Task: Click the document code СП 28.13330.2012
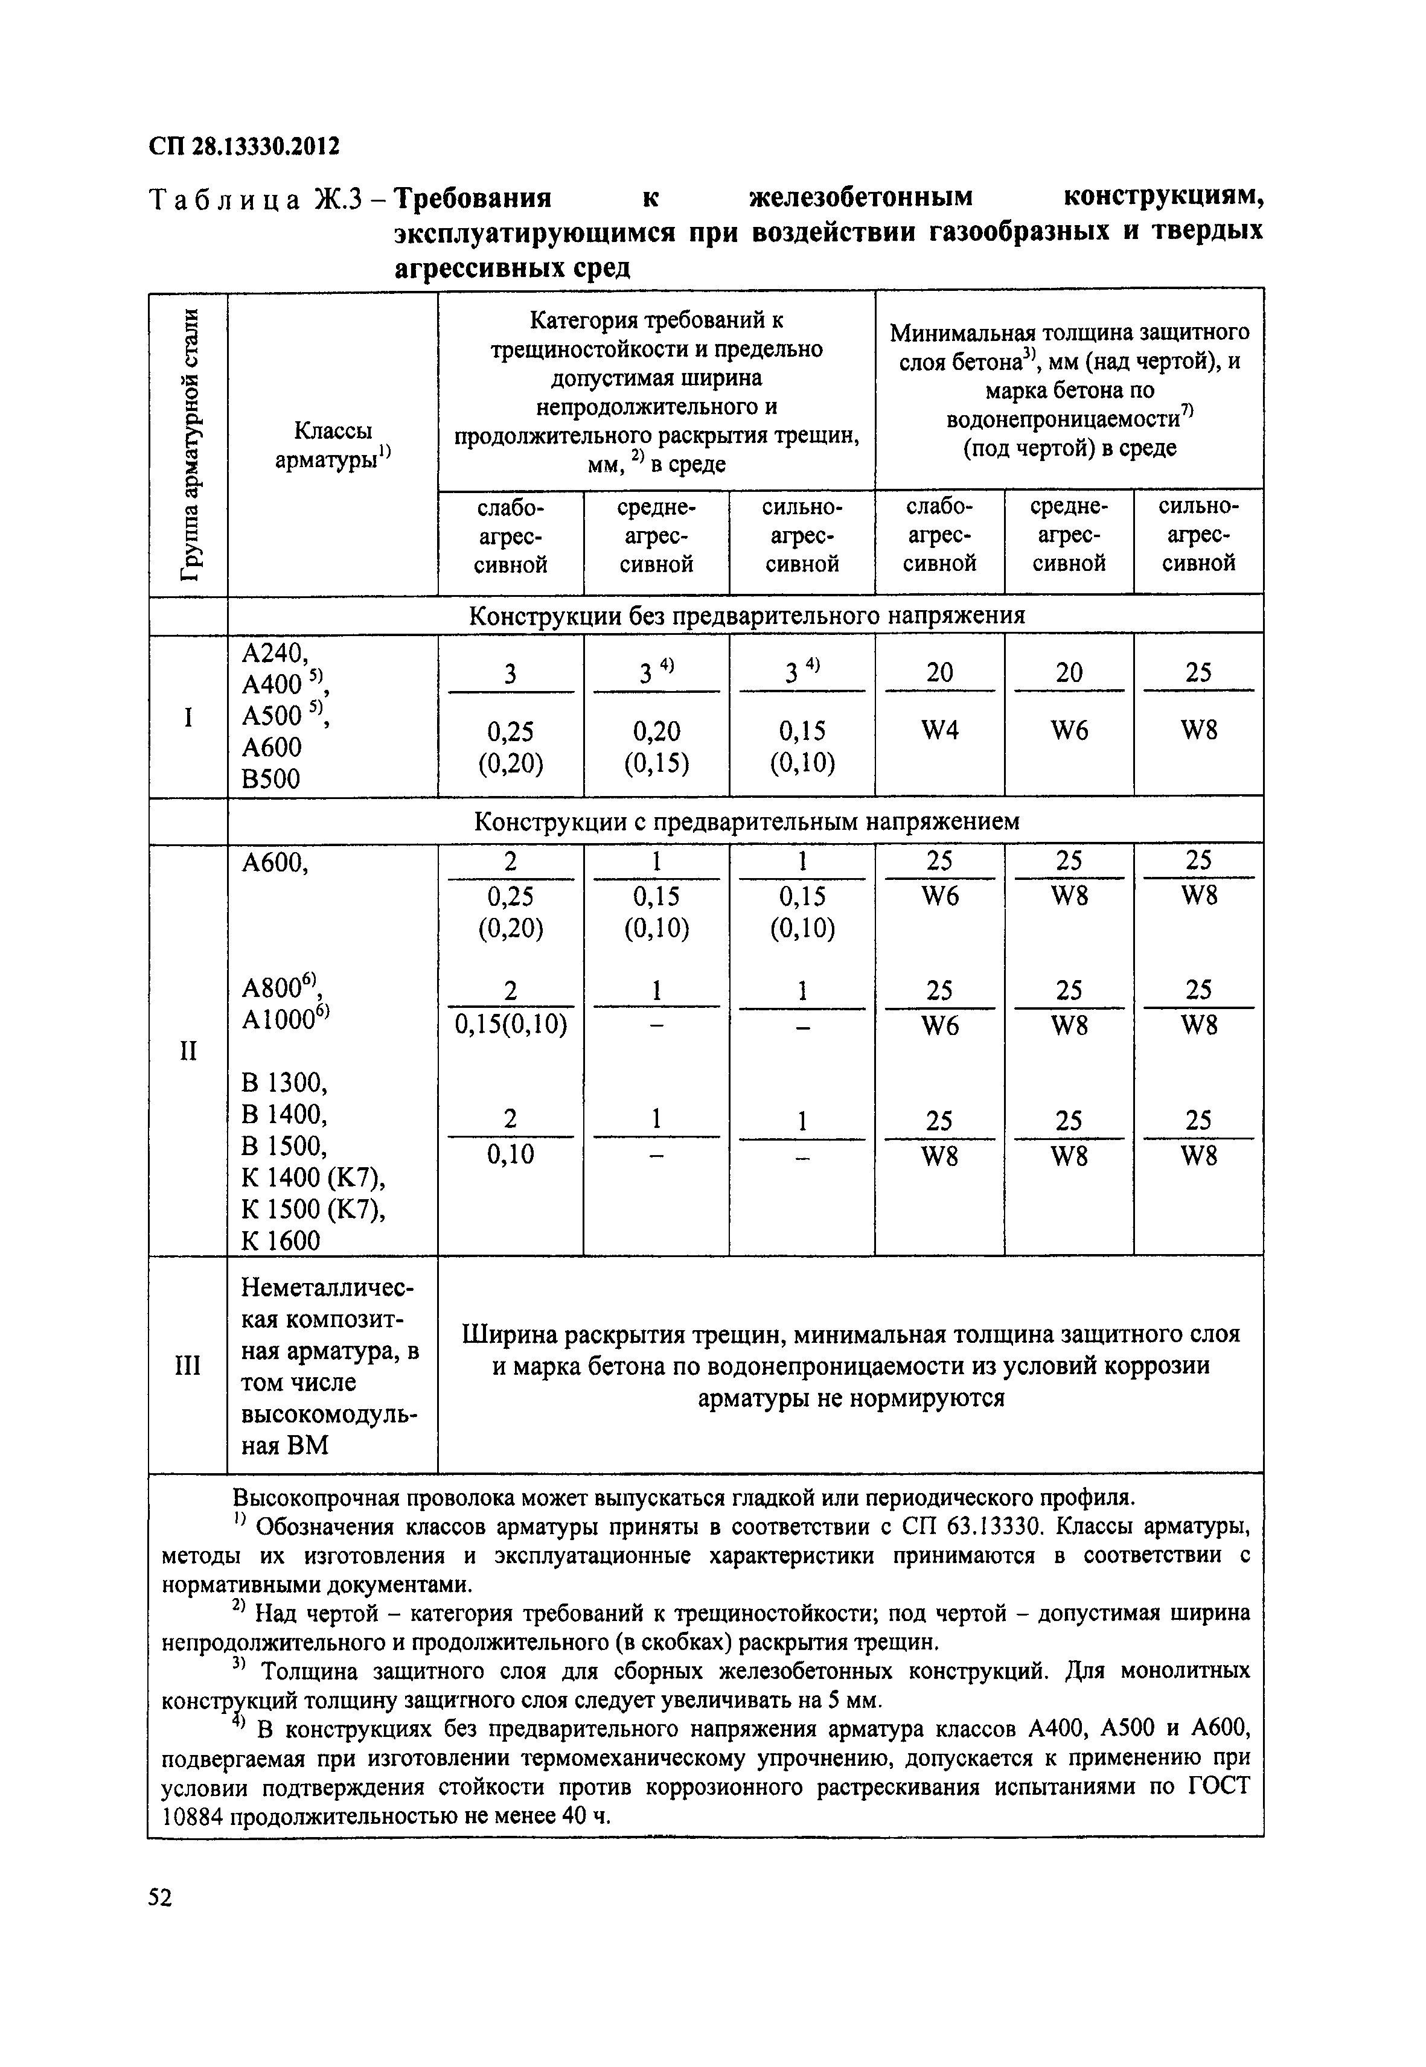click(244, 145)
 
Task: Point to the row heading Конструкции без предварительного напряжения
click(746, 616)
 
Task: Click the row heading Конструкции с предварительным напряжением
click(746, 821)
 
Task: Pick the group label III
click(188, 1366)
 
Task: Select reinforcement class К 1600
click(281, 1241)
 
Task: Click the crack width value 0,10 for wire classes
click(510, 1155)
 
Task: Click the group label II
click(188, 1051)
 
